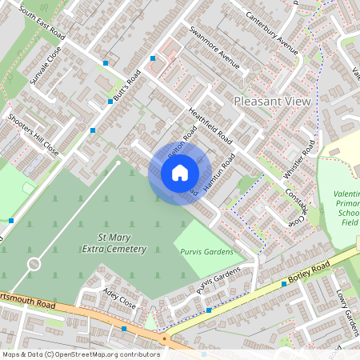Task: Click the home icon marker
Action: point(180,173)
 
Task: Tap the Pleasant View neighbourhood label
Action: point(271,102)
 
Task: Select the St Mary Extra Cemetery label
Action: point(114,243)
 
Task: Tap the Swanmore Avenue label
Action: point(215,50)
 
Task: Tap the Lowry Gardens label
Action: point(349,313)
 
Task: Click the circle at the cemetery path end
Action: point(34,263)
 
